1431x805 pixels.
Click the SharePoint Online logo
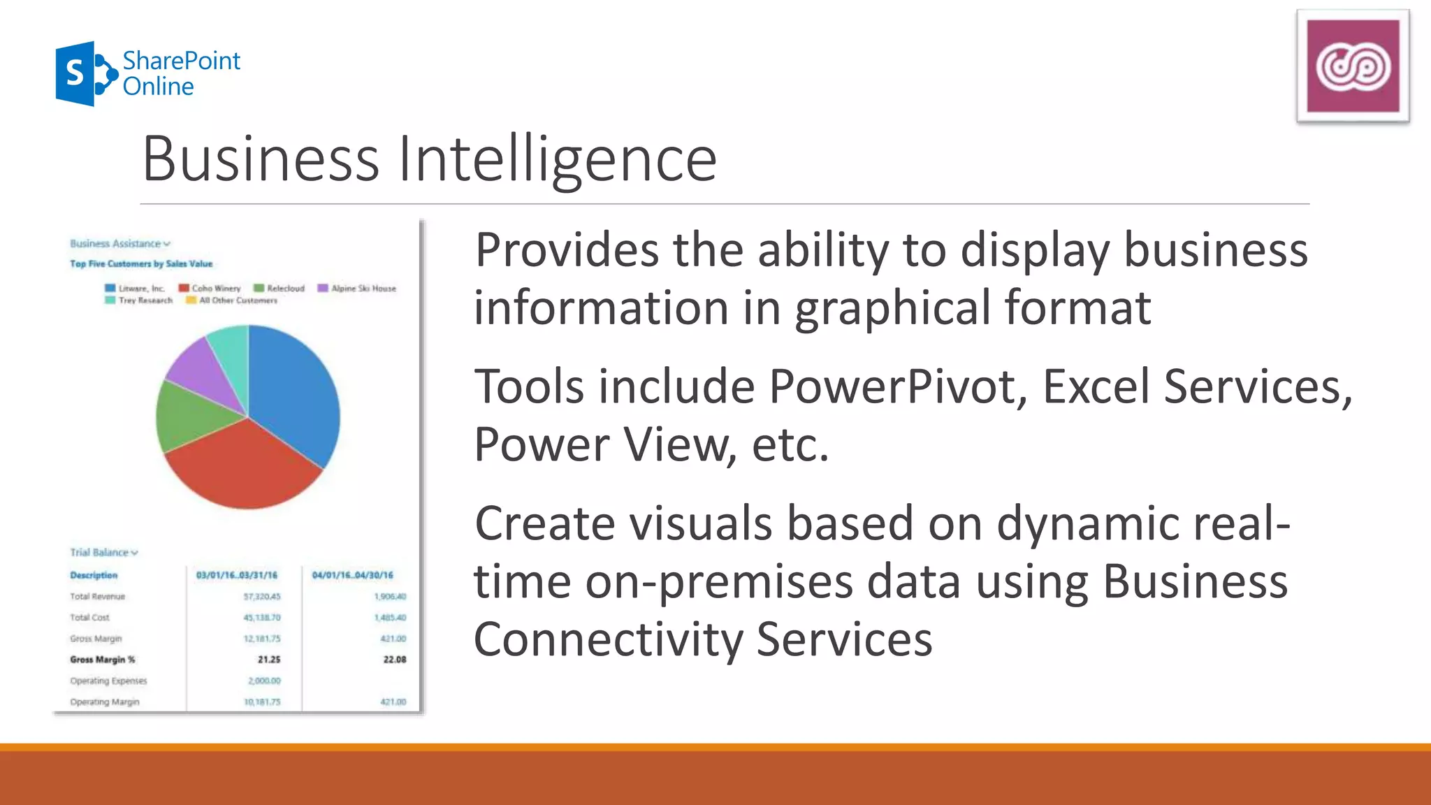[x=147, y=73]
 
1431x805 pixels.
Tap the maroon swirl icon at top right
[x=1353, y=66]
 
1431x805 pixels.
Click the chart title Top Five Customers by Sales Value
[x=141, y=264]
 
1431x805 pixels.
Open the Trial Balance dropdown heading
[x=104, y=553]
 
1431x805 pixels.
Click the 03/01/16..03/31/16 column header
[x=237, y=575]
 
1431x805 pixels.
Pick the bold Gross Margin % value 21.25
[x=269, y=660]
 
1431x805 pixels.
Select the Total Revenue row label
[x=97, y=597]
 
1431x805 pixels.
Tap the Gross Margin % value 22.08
[x=394, y=660]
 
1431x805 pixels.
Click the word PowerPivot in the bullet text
[x=898, y=386]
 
